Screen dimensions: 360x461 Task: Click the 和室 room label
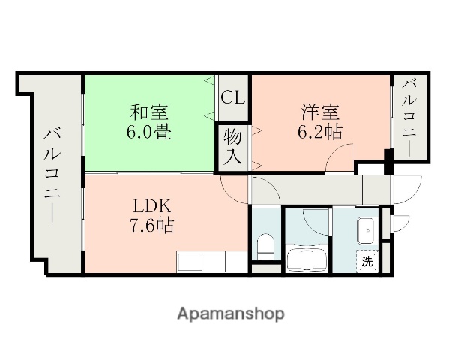click(x=149, y=113)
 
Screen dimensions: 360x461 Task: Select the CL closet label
click(x=232, y=97)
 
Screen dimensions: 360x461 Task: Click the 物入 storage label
click(x=232, y=148)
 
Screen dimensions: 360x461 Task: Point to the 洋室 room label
click(x=321, y=113)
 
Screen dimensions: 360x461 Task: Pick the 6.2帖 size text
click(x=321, y=133)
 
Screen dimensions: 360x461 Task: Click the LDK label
click(x=154, y=205)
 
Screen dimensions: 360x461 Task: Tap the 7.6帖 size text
click(x=154, y=224)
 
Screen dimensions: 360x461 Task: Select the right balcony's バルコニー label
click(x=410, y=118)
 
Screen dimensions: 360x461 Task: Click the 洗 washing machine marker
click(x=367, y=262)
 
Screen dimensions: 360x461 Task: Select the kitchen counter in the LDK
click(x=212, y=262)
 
